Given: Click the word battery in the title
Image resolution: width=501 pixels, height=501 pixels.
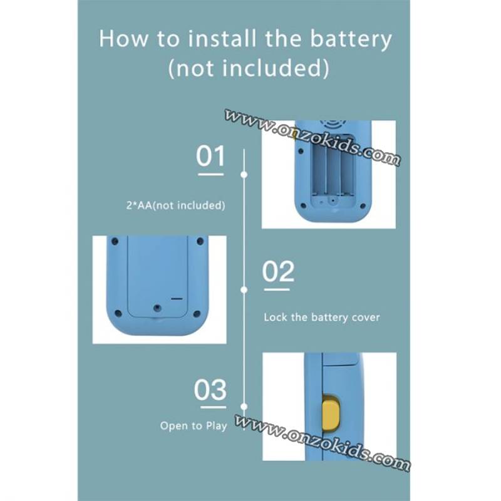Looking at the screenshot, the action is (x=351, y=39).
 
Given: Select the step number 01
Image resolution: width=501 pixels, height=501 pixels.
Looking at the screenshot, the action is (x=210, y=156).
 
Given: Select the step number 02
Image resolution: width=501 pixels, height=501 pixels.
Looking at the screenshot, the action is (x=278, y=271).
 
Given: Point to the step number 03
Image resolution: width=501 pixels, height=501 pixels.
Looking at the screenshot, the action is (x=210, y=390).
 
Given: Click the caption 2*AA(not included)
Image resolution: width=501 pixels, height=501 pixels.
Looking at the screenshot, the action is (x=176, y=205).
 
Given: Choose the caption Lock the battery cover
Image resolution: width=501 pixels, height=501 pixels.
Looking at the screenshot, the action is (x=322, y=318).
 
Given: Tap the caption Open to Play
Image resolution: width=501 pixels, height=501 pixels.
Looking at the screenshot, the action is (x=194, y=426).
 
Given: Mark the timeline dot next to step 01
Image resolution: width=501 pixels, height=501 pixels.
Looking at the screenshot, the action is (x=244, y=175).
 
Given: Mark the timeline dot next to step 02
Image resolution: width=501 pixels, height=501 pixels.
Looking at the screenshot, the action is (x=244, y=290).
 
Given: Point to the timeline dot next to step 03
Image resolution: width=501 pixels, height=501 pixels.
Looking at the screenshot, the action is (x=244, y=406).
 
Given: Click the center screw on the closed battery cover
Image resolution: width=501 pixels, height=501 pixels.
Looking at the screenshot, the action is (x=157, y=308).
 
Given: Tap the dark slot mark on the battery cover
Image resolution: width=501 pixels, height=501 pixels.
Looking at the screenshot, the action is (x=177, y=299).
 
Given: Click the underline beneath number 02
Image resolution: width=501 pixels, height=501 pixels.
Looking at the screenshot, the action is (x=277, y=289).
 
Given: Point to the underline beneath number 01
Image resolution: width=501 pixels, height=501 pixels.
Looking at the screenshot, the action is (x=211, y=175).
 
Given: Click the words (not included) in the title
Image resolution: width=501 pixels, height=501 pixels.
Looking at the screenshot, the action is (x=249, y=68).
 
